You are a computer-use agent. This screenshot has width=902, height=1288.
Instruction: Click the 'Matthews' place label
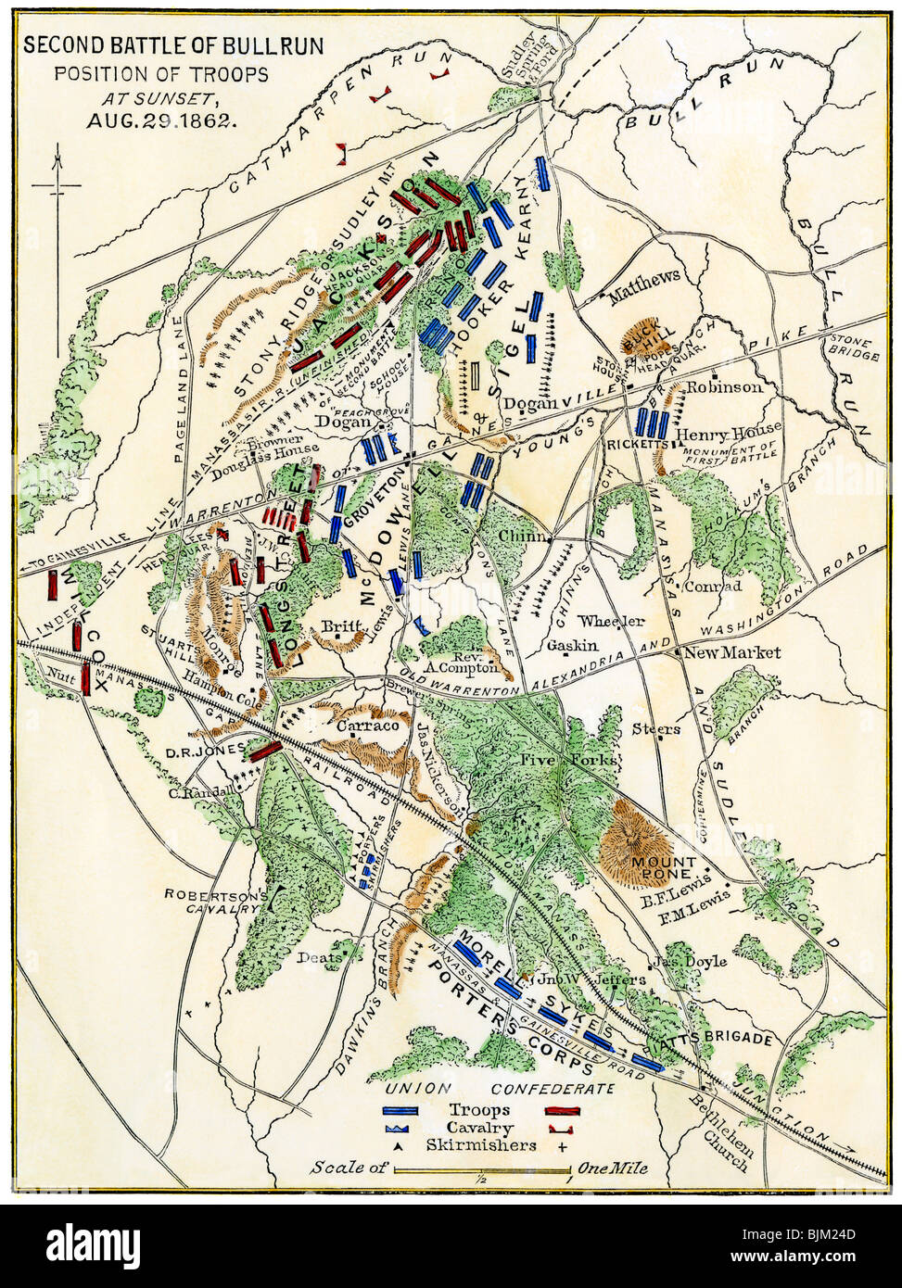643,274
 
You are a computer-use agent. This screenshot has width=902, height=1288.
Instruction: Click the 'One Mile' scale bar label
613,1168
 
